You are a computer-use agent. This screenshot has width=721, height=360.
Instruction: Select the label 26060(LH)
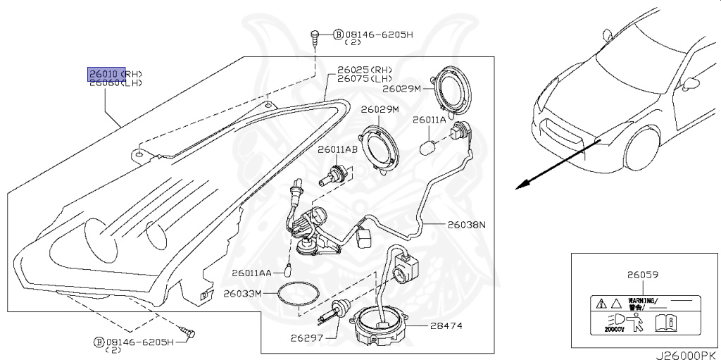coord(115,82)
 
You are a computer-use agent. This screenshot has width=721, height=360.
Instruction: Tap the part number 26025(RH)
coord(364,69)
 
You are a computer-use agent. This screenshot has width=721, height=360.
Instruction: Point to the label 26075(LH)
coord(364,78)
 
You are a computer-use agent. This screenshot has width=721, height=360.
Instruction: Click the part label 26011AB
coord(337,150)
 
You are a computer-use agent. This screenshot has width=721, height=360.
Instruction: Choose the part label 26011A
coord(429,120)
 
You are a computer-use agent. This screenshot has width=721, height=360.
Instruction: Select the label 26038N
coord(466,225)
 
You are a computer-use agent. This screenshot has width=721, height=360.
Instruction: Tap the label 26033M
coord(242,293)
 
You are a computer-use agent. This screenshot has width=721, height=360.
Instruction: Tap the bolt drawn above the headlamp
coord(317,35)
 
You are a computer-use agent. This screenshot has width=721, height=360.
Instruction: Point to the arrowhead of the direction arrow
coord(519,187)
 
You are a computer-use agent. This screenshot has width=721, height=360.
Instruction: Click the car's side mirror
coord(691,82)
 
